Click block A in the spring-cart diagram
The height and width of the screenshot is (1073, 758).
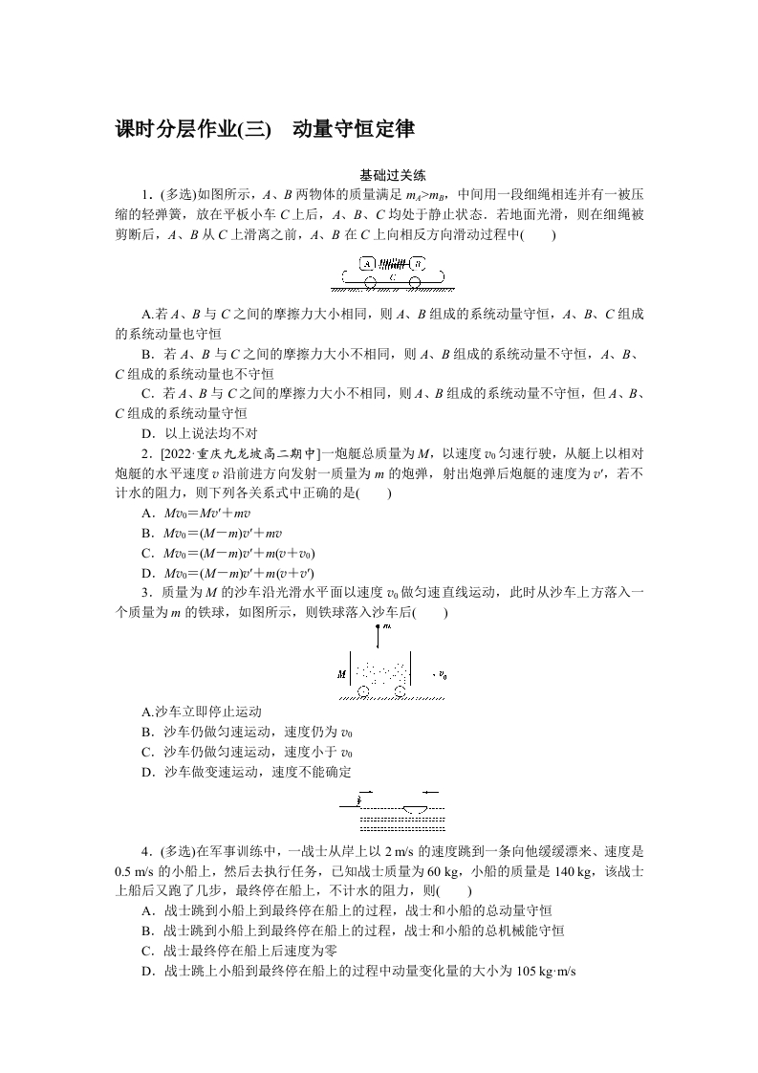pos(367,263)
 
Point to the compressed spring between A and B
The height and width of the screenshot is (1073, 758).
pos(392,263)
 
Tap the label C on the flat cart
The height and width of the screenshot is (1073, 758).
pos(392,275)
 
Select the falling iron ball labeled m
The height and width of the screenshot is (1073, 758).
pos(381,628)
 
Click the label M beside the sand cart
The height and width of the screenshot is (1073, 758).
pos(341,674)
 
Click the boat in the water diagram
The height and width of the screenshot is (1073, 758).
pos(417,808)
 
